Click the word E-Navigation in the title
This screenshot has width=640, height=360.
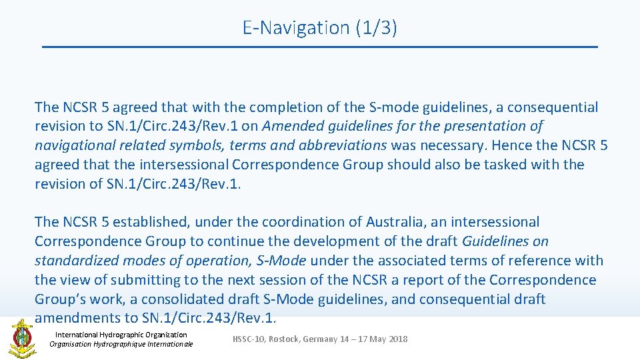(x=296, y=28)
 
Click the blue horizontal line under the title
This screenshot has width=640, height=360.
(x=320, y=47)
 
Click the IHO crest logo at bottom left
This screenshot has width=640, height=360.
(x=21, y=338)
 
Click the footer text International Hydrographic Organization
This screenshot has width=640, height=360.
(x=121, y=335)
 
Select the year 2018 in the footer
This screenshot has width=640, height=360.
(x=397, y=339)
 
